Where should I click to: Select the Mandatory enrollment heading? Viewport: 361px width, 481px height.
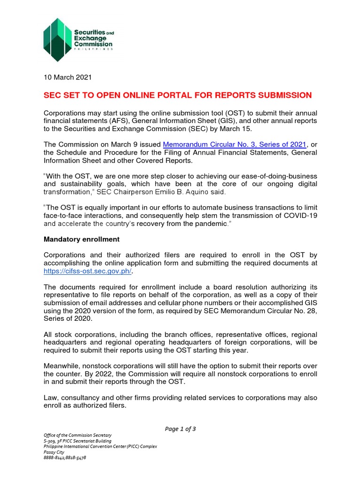click(x=81, y=239)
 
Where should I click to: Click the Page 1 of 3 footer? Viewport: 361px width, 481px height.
click(x=180, y=428)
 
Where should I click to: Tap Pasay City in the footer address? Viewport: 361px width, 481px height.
click(x=54, y=452)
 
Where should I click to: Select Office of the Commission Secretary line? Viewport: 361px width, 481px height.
click(x=78, y=435)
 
